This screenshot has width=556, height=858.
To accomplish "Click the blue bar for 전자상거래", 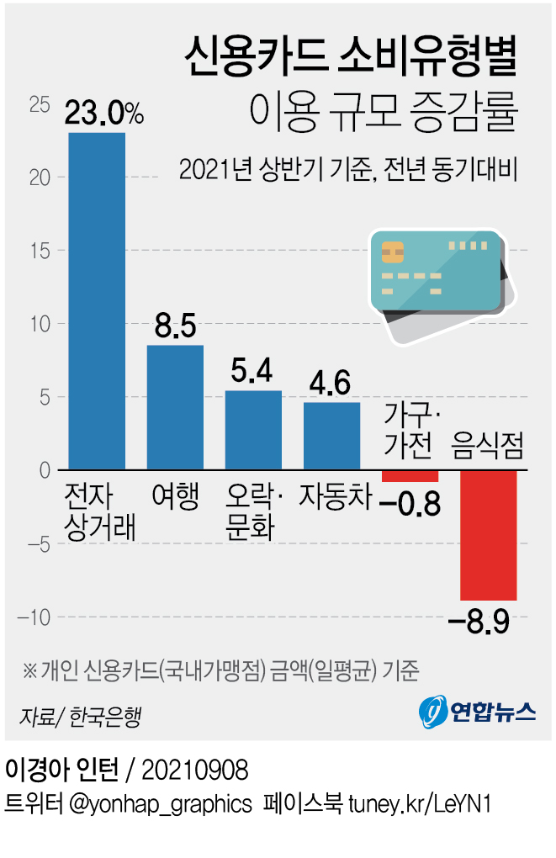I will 97,300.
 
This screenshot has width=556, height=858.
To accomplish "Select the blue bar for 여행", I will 175,407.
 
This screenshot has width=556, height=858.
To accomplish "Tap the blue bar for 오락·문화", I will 253,430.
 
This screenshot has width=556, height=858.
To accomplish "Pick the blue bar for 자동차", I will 331,436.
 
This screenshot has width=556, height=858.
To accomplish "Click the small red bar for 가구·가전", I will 410,476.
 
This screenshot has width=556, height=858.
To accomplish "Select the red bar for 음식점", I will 488,535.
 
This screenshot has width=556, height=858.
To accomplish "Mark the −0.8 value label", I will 410,506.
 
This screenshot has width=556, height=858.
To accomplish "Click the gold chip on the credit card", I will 390,251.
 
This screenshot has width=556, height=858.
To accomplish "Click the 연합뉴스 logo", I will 477,712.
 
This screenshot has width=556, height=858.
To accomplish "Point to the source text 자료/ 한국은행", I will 80,717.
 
